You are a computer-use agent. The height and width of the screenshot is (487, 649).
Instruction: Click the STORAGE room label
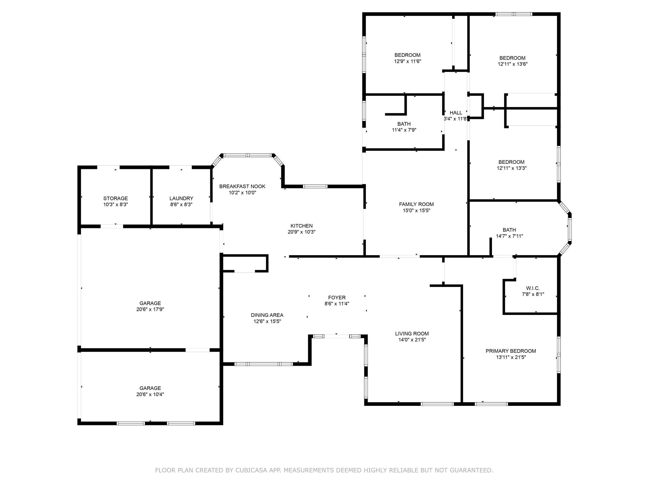pos(115,198)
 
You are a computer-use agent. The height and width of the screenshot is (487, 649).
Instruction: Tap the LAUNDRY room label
pos(181,198)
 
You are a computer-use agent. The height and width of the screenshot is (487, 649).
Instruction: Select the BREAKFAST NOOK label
pos(242,186)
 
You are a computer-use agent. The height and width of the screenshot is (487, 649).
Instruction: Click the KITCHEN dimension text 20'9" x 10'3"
pos(301,232)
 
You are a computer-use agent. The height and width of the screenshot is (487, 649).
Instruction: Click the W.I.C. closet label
pos(533,288)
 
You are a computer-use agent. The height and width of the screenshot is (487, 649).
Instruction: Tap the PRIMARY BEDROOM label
pos(511,351)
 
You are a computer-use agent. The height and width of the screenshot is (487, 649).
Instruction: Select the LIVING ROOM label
pos(412,334)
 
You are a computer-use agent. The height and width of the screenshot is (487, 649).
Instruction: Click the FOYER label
pos(337,298)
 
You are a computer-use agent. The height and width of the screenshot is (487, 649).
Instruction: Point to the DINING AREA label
pos(267,315)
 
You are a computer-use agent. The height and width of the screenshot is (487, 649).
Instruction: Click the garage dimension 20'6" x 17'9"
pos(150,309)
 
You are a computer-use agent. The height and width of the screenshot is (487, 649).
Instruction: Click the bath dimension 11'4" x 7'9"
pos(404,130)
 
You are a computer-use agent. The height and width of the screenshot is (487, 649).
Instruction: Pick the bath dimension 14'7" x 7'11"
pos(509,236)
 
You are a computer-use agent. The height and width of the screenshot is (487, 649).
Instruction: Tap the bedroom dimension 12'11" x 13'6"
pos(512,64)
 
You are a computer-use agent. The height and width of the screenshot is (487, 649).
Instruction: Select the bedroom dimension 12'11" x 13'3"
pos(511,168)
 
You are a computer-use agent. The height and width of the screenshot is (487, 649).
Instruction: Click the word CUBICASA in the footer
pos(251,470)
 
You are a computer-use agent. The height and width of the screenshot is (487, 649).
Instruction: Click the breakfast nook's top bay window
pos(248,155)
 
